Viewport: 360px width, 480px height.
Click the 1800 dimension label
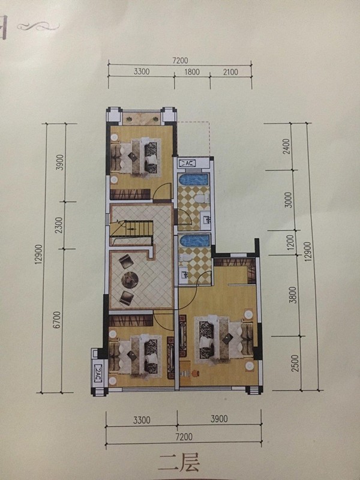coord(192,72)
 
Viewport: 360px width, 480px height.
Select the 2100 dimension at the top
coord(230,72)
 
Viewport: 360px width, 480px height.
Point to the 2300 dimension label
coord(59,225)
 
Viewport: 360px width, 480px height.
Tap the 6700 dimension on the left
coord(58,320)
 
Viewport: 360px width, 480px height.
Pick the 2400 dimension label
coord(286,146)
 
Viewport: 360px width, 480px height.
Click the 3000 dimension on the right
coord(289,200)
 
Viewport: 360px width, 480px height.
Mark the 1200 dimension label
coord(290,242)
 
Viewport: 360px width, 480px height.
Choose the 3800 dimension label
coord(293,295)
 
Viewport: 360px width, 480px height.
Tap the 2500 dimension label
coord(295,364)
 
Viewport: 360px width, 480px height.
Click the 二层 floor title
coord(179,462)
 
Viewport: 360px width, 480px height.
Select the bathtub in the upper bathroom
coord(194,179)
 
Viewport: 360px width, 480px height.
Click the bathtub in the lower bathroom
coord(194,241)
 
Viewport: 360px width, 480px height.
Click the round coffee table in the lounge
coord(130,279)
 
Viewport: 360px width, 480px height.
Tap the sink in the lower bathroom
coord(184,274)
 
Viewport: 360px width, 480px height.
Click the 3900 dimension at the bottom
coord(219,419)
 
